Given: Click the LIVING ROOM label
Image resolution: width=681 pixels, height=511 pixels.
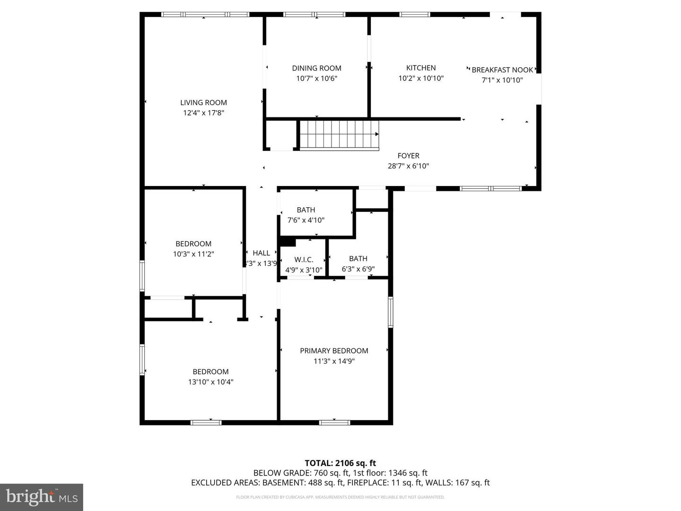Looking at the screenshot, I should click(x=203, y=103).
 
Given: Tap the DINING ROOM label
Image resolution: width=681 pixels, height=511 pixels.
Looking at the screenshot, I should click(x=316, y=68).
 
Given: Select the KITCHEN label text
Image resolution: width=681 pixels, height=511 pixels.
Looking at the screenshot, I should click(x=421, y=68).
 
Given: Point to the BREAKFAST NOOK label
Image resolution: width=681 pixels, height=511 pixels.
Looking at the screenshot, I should click(x=502, y=70).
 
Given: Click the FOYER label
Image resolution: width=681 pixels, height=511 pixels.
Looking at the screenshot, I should click(x=408, y=156).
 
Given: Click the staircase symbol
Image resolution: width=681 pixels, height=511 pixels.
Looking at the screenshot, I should click(x=339, y=134).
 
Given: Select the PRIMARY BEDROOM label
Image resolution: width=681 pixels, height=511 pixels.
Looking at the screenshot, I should click(x=334, y=351).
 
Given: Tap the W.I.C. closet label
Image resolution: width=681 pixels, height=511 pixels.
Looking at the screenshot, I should click(x=304, y=260).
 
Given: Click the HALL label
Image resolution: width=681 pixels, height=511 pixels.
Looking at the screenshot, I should click(x=261, y=253).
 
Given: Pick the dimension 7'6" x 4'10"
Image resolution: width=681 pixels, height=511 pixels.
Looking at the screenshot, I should click(x=306, y=220).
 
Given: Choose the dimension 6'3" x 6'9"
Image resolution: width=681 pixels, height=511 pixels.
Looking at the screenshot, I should click(x=358, y=269).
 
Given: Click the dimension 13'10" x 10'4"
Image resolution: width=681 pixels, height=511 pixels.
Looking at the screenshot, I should click(x=210, y=382).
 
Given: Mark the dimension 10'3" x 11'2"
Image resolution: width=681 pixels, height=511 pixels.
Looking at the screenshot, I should click(x=193, y=254).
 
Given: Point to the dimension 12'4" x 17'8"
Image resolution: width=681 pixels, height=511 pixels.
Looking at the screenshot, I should click(x=203, y=113).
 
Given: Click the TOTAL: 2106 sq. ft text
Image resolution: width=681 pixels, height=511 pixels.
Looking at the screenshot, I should click(x=340, y=463).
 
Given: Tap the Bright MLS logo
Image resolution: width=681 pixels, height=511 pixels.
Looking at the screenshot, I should click(x=42, y=497).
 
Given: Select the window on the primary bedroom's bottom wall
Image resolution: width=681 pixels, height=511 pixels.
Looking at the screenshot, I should click(x=334, y=422).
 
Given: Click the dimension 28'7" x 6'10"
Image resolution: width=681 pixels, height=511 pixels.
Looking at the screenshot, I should click(x=408, y=166).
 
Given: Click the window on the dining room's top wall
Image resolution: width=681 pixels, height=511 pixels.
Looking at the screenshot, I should click(x=314, y=14).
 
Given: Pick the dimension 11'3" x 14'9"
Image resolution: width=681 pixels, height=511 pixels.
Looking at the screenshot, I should click(x=334, y=361).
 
